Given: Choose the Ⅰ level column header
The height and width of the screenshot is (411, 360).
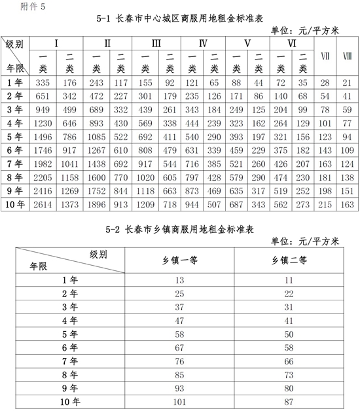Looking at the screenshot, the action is pos(58,43).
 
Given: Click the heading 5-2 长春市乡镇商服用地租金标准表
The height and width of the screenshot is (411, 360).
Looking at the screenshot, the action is pos(179,230).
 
